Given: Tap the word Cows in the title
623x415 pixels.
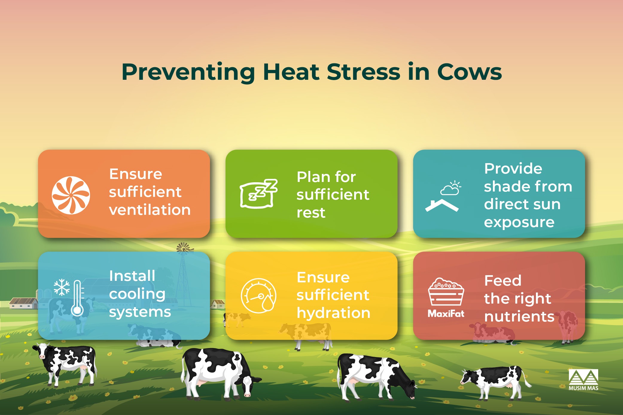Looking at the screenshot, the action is tap(469, 72).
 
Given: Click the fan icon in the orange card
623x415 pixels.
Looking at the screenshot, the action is tap(71, 195).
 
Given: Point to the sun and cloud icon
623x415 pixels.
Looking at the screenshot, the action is tap(451, 188).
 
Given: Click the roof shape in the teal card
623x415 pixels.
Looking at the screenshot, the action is tap(442, 206).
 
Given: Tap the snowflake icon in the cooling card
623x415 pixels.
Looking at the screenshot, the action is tap(62, 287).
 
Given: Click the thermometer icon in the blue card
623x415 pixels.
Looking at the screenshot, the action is tap(77, 298).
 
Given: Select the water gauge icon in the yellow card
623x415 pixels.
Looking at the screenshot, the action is tap(259, 295).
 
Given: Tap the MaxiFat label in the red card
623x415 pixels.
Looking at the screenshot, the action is tap(446, 313).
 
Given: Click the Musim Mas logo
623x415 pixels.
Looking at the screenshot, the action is tap(583, 380).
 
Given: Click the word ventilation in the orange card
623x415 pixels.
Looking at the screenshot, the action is tap(150, 210).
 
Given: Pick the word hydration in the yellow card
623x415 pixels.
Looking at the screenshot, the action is tap(333, 313).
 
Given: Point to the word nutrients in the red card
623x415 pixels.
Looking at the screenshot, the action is tap(519, 316).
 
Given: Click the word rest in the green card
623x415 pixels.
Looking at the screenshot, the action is tap(311, 213).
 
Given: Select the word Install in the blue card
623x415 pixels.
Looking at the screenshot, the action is tap(132, 276).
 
